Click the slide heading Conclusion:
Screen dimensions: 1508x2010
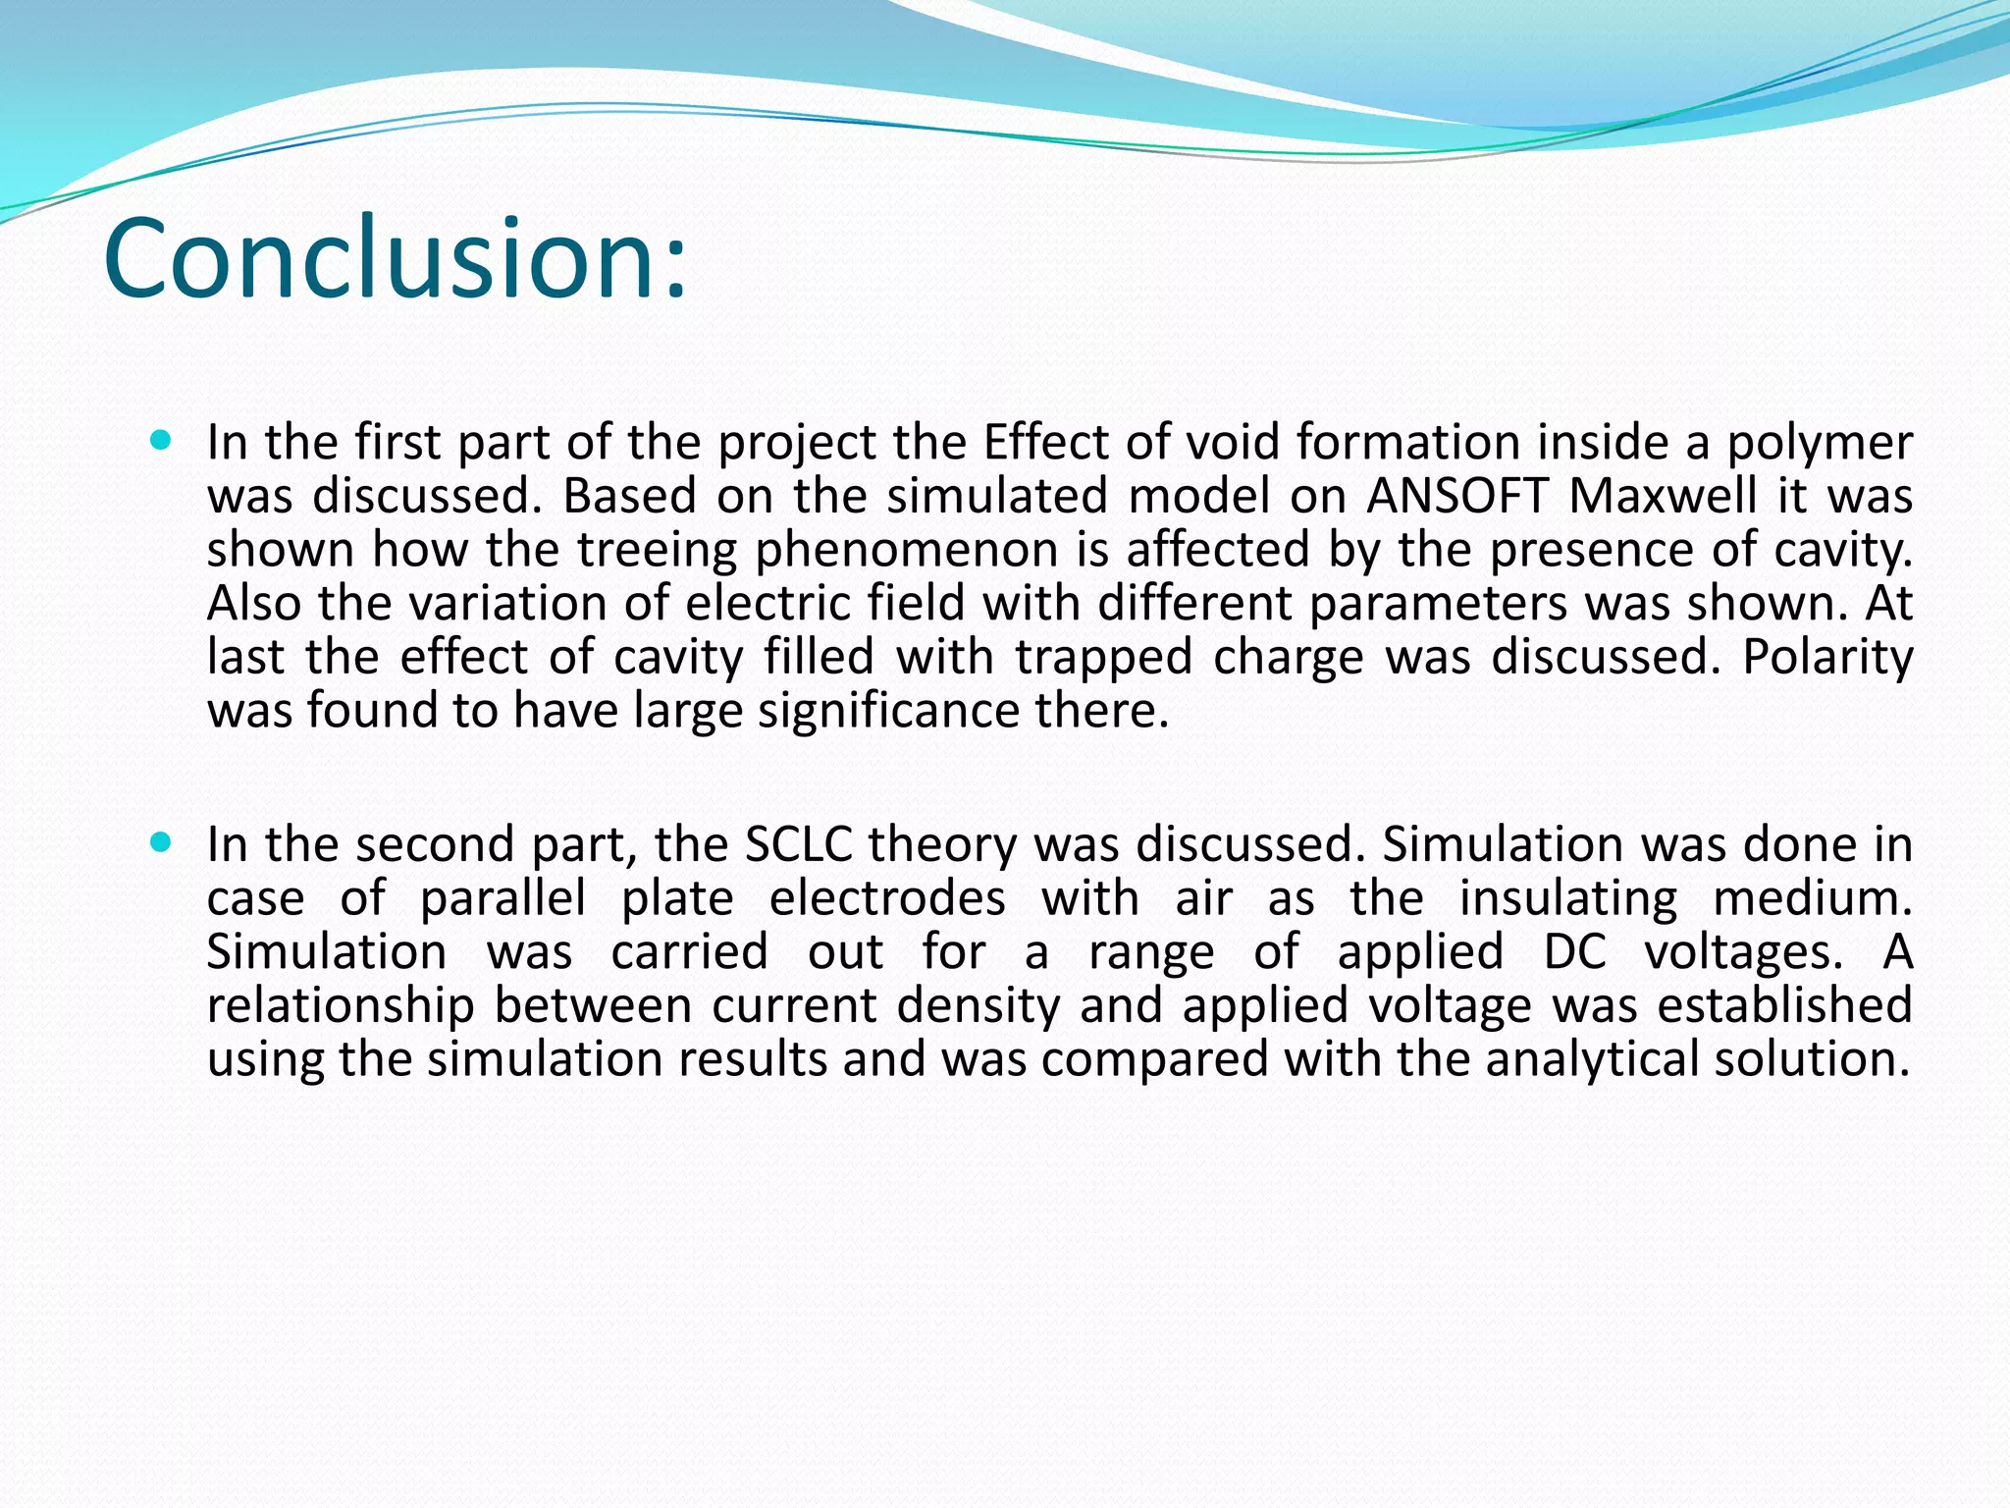[395, 257]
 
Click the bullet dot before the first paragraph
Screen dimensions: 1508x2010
[162, 440]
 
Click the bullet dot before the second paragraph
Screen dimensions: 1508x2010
[162, 842]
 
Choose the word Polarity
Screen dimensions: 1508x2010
[1827, 657]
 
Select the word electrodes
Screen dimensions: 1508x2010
[887, 898]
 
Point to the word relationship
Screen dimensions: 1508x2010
[341, 1005]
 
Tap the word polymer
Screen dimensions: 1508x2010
[1820, 443]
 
